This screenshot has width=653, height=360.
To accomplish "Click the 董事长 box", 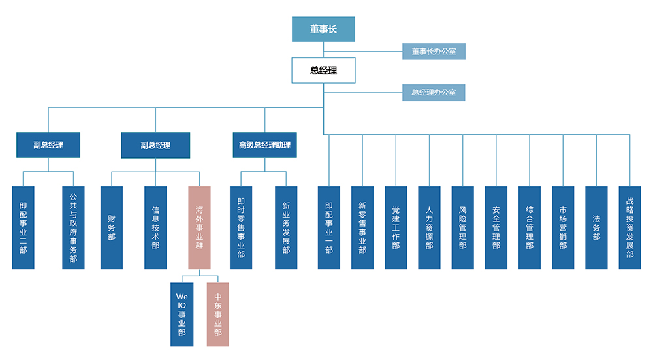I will point(323,29).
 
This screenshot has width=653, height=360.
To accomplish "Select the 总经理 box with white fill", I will point(323,71).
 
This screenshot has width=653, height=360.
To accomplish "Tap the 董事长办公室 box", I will point(434,51).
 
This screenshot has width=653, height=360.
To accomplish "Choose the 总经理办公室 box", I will point(434,92).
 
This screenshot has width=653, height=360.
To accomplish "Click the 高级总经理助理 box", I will point(264,145).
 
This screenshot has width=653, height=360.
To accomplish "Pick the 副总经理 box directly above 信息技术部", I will point(155,145).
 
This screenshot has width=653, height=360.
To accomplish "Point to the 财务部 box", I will point(112,227).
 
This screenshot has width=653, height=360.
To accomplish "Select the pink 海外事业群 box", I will point(199,227).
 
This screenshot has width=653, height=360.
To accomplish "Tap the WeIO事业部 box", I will point(182,314).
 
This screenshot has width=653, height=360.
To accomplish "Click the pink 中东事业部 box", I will point(218,314).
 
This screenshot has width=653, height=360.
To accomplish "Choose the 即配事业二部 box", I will point(23,227).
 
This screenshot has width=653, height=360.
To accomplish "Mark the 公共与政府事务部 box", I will point(73,227).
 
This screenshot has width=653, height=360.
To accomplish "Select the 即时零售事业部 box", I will point(241,227).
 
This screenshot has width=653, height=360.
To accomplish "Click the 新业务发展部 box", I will point(286,227).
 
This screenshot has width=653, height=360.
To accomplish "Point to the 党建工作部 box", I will point(396,227).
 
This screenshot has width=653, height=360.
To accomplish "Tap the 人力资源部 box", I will point(429,227).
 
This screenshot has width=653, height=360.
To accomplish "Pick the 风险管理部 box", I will point(462,227).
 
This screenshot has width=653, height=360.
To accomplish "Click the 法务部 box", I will point(596,227).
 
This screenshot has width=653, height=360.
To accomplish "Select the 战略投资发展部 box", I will point(629,227).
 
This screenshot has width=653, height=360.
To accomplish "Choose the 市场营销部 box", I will point(563,227).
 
